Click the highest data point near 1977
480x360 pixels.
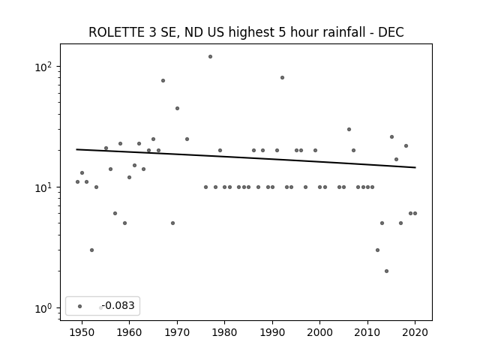click(210, 57)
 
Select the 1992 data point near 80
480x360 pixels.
click(282, 78)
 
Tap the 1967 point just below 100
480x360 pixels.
click(163, 81)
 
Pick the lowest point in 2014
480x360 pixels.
click(387, 271)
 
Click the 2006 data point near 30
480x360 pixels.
click(349, 130)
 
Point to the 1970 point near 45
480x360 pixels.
click(177, 108)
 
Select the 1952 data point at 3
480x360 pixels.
click(91, 250)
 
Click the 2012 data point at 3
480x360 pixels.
click(377, 250)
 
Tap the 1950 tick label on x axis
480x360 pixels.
click(82, 332)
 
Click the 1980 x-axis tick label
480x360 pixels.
click(225, 332)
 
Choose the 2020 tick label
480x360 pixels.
click(415, 332)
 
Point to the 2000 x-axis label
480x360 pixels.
click(320, 332)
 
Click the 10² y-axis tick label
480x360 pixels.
click(46, 67)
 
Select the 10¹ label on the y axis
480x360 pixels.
click(46, 187)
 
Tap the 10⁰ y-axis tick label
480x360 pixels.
click(46, 308)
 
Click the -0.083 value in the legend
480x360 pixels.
click(118, 305)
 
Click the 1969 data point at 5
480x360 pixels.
click(172, 223)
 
